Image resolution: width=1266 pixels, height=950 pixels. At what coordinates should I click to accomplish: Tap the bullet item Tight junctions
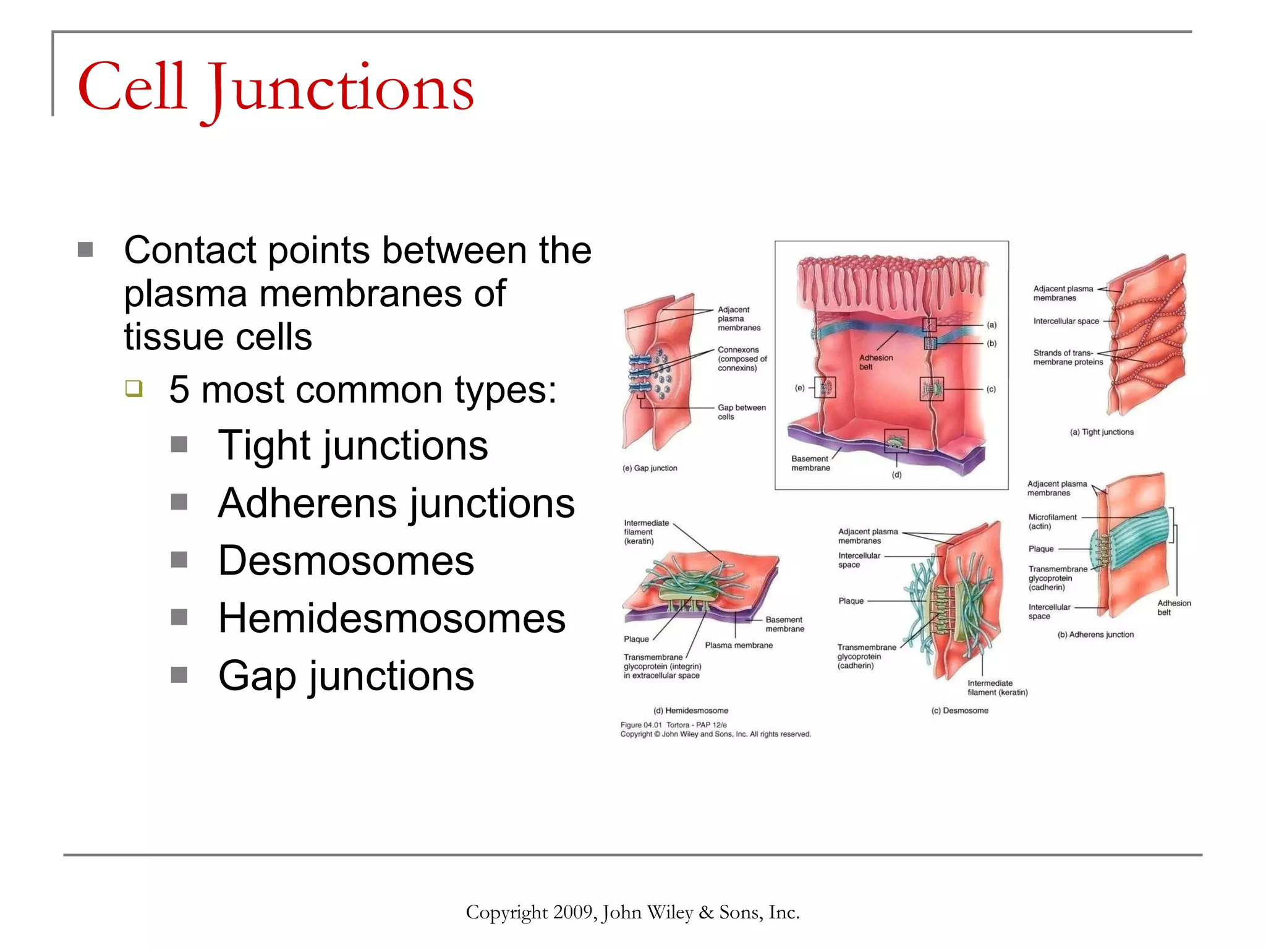tap(352, 445)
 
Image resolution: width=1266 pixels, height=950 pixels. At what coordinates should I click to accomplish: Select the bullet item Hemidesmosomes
tap(391, 618)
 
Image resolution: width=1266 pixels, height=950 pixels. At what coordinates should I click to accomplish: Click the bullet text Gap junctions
tap(346, 675)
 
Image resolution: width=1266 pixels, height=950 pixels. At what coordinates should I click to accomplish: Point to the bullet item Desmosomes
tap(346, 560)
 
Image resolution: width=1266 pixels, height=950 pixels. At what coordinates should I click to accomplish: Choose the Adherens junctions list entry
tap(396, 503)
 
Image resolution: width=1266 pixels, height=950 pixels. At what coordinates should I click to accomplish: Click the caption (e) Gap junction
tap(650, 468)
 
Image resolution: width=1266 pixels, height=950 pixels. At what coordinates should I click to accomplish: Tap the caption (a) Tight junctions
tap(1102, 432)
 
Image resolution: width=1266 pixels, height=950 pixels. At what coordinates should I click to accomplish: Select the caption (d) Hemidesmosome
tap(690, 711)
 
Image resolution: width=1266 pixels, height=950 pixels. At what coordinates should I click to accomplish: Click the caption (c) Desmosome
tap(959, 711)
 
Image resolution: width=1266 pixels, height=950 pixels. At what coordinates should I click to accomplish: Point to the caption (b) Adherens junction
tap(1095, 635)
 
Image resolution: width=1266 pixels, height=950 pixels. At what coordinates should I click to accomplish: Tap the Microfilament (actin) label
tap(1052, 521)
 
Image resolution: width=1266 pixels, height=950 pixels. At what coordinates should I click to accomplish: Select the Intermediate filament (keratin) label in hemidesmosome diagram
tap(646, 532)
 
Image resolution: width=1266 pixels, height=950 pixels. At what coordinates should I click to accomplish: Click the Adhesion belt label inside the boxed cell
tap(875, 362)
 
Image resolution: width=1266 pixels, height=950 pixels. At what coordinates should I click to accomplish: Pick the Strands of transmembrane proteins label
tap(1068, 357)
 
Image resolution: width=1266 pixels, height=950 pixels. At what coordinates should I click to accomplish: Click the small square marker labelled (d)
tap(896, 441)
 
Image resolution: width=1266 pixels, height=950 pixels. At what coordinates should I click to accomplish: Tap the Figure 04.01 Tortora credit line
tap(674, 725)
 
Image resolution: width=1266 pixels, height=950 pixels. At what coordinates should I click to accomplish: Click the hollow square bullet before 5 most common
tap(134, 388)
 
